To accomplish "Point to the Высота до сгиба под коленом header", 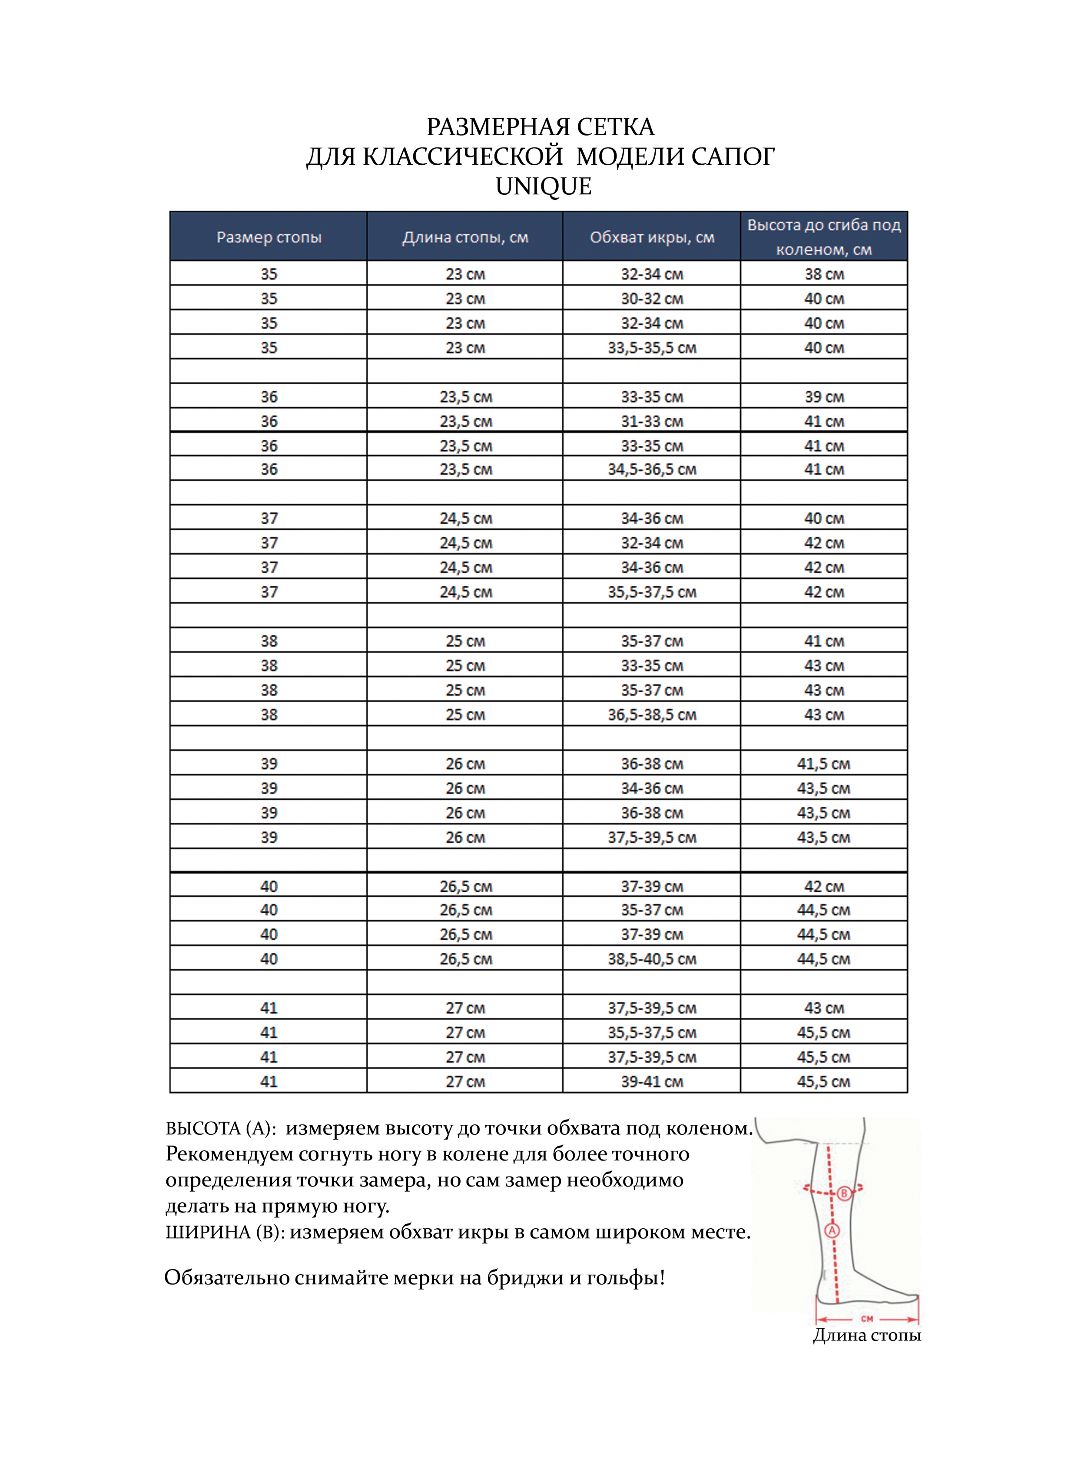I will pos(823,237).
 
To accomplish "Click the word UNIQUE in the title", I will pos(544,186).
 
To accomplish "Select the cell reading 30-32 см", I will pos(652,299).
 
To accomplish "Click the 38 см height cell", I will pos(823,274).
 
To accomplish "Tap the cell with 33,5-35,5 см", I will pos(652,348).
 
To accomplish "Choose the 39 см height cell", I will pos(823,397).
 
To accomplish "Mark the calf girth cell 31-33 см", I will pos(652,422).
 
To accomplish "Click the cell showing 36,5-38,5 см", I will pos(652,715).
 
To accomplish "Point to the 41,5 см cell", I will pos(823,764).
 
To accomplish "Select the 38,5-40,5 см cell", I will pos(652,959).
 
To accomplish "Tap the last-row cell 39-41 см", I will pos(652,1081).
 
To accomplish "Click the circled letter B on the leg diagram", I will pos(844,1193).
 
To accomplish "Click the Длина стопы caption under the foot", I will pos(866,1335).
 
